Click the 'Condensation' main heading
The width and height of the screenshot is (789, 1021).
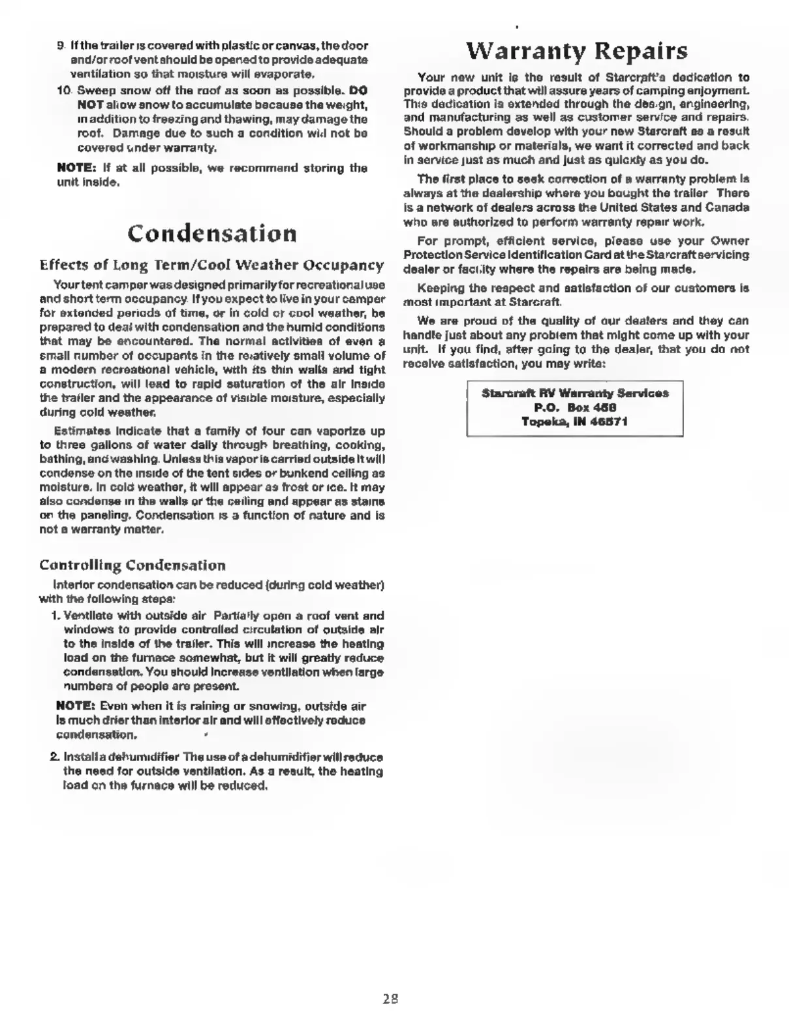(211, 233)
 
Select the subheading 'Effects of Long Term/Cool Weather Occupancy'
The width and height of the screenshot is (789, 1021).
(211, 265)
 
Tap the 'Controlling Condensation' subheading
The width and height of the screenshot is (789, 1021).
(132, 565)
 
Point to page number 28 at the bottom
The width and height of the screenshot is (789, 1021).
(390, 998)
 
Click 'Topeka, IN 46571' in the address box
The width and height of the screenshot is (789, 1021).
(574, 422)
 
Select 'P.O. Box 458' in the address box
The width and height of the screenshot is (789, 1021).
(574, 407)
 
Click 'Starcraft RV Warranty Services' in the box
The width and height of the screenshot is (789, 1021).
(574, 393)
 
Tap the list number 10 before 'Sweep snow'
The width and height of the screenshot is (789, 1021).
(62, 90)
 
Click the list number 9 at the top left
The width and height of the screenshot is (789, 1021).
(60, 46)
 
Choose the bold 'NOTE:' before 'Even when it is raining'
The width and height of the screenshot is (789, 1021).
(76, 706)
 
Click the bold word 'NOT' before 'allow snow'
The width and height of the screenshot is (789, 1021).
(87, 104)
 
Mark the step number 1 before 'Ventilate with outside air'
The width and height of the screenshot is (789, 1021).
(55, 616)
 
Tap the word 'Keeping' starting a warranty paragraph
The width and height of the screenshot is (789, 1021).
(439, 288)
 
